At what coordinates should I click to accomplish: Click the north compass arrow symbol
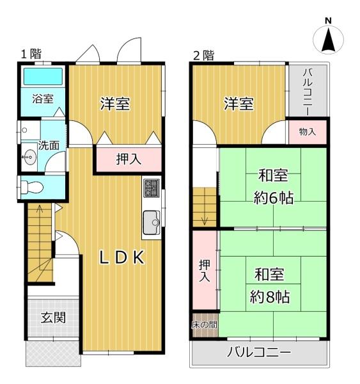pyautogui.click(x=328, y=40)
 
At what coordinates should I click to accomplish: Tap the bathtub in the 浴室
pyautogui.click(x=42, y=77)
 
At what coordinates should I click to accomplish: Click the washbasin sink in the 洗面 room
pyautogui.click(x=28, y=157)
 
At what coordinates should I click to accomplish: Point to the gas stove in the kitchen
pyautogui.click(x=151, y=188)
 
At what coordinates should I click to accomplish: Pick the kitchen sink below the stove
pyautogui.click(x=152, y=222)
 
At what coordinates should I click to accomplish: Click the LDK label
pyautogui.click(x=122, y=257)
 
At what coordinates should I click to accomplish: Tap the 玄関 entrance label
pyautogui.click(x=52, y=317)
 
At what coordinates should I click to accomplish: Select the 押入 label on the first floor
pyautogui.click(x=128, y=160)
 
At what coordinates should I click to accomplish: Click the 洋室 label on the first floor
pyautogui.click(x=115, y=104)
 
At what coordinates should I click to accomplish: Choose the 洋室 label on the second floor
pyautogui.click(x=239, y=103)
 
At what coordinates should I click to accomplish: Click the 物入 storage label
pyautogui.click(x=307, y=132)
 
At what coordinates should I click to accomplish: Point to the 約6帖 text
pyautogui.click(x=273, y=197)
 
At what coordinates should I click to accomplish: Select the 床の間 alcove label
pyautogui.click(x=204, y=325)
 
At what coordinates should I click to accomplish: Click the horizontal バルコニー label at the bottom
pyautogui.click(x=259, y=353)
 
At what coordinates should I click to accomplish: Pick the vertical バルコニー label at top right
pyautogui.click(x=308, y=90)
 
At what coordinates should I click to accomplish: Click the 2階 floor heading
pyautogui.click(x=204, y=54)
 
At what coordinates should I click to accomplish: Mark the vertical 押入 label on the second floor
pyautogui.click(x=204, y=270)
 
